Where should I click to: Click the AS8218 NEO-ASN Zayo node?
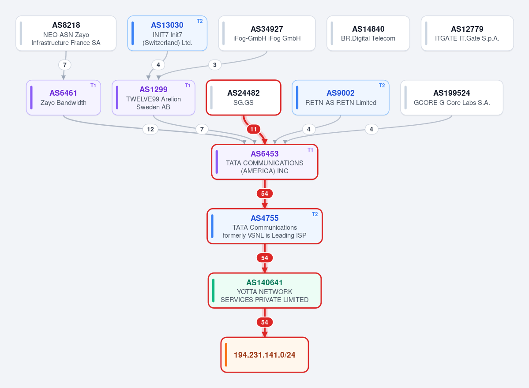(66, 34)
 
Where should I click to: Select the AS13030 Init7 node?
(167, 34)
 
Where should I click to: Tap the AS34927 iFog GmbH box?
(267, 34)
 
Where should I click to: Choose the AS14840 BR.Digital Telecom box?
(368, 34)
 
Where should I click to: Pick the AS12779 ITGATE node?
(467, 34)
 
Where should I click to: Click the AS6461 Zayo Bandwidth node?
(64, 98)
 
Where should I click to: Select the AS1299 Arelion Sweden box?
(154, 98)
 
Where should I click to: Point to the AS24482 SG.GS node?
(244, 98)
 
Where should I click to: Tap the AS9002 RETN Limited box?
(341, 98)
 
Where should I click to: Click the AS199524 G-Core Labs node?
(452, 98)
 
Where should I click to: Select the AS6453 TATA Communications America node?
(265, 162)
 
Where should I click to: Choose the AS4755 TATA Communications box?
(265, 226)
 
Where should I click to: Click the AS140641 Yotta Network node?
(265, 291)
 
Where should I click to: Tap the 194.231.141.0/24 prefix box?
(265, 355)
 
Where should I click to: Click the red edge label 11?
(254, 129)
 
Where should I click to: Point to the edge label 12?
(150, 129)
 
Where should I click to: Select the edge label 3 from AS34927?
(215, 65)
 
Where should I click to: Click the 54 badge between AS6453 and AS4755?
(265, 194)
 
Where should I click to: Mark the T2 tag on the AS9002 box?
(382, 86)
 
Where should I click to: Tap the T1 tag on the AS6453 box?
(310, 150)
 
